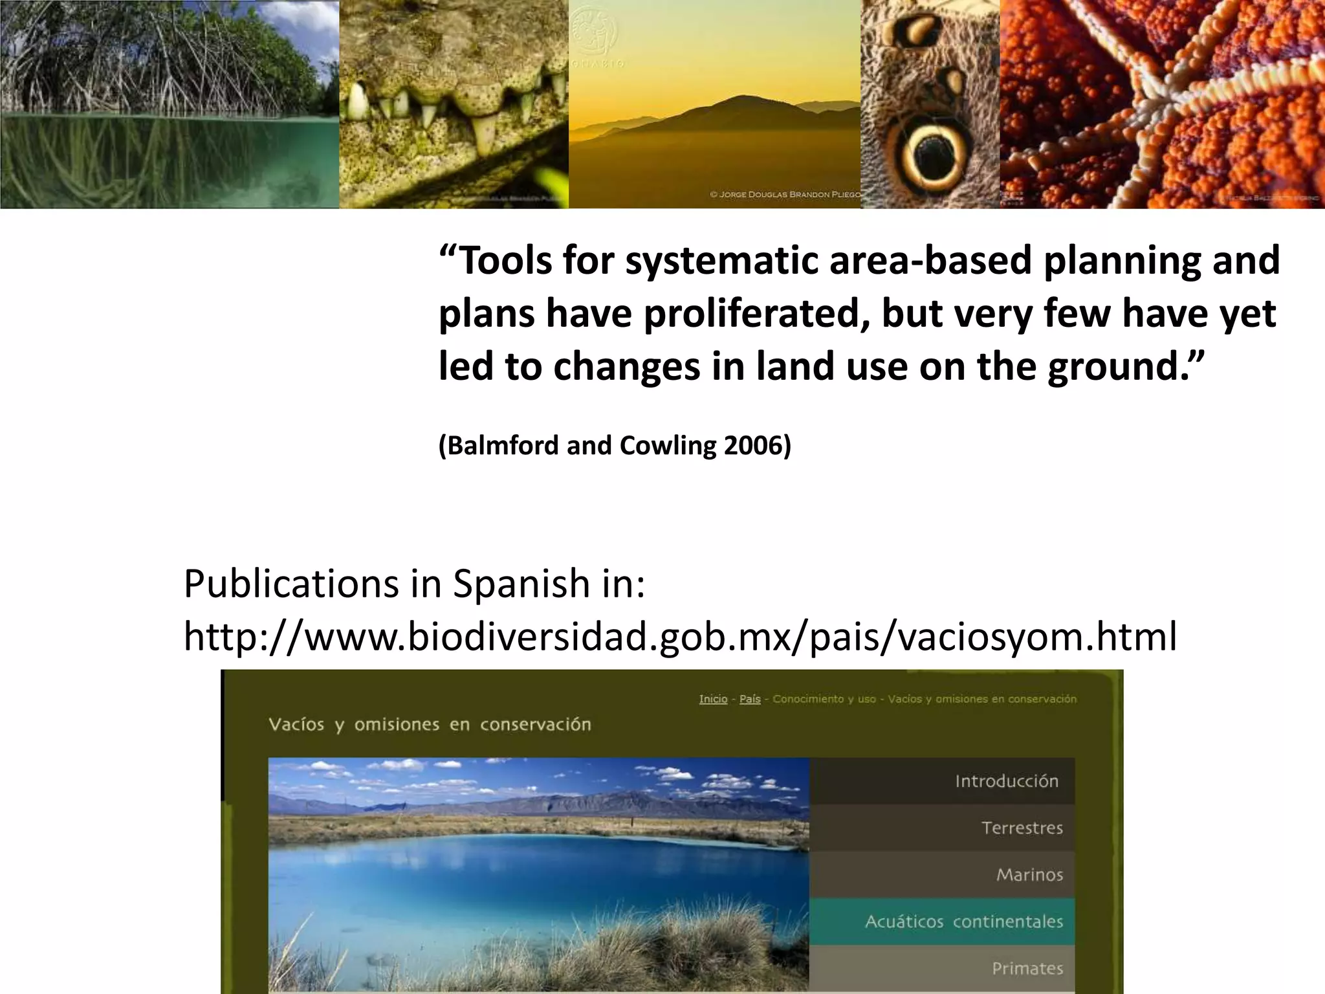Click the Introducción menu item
[x=1006, y=781]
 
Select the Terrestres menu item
[x=1022, y=828]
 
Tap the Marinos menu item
[x=1029, y=875]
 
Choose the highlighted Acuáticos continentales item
[x=963, y=922]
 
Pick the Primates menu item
[x=1027, y=968]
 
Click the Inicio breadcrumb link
[x=713, y=699]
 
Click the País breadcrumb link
[x=750, y=699]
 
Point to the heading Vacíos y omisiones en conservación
[x=430, y=724]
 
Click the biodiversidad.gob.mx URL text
[x=679, y=636]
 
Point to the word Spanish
[x=520, y=584]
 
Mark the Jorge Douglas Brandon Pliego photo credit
[x=785, y=194]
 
